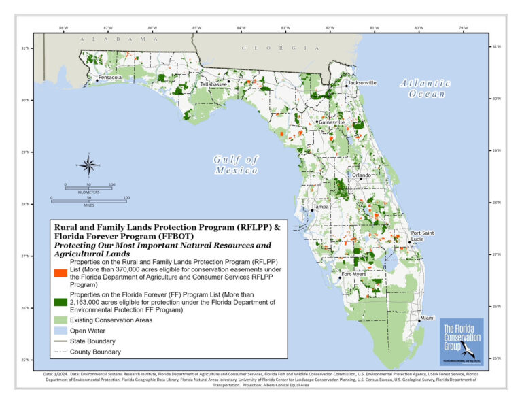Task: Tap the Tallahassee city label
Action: (x=213, y=84)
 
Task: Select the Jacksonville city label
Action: (x=362, y=82)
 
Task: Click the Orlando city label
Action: (x=361, y=175)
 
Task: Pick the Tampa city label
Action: (x=321, y=206)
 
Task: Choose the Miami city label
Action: (x=428, y=318)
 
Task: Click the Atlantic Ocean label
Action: (x=426, y=88)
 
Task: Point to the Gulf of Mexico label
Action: (x=237, y=165)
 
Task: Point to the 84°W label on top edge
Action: (x=241, y=28)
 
